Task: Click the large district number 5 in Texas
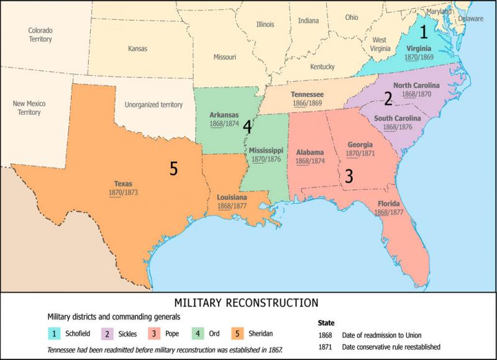pyautogui.click(x=174, y=168)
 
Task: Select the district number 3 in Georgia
pyautogui.click(x=349, y=176)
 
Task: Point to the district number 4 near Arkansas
pyautogui.click(x=247, y=128)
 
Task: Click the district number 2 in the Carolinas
pyautogui.click(x=388, y=98)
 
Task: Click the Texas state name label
pyautogui.click(x=123, y=184)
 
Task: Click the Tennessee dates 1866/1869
pyautogui.click(x=306, y=103)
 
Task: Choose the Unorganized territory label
pyautogui.click(x=153, y=106)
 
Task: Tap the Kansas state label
pyautogui.click(x=137, y=48)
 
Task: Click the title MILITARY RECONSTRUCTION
pyautogui.click(x=247, y=303)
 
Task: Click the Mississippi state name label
pyautogui.click(x=266, y=151)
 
